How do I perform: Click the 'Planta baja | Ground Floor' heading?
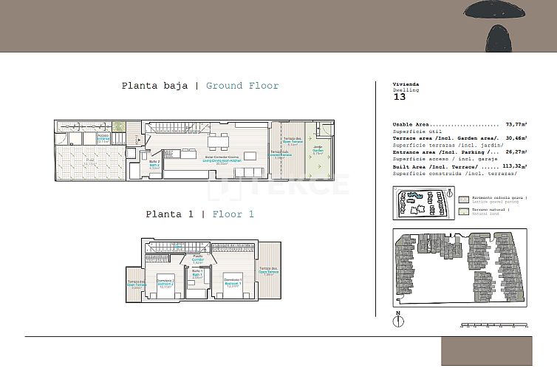point(200,86)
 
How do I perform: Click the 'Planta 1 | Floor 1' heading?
point(199,214)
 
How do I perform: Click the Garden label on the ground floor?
point(318,151)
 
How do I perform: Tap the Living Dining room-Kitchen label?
point(221,160)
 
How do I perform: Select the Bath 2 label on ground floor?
point(154,164)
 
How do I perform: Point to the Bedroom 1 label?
point(232,282)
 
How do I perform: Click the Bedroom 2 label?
point(165,282)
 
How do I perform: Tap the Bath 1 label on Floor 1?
point(197,274)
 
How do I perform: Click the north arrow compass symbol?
point(398,323)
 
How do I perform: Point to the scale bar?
point(493,324)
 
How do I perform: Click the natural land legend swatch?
point(463,211)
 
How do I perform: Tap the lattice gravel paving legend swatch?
point(463,199)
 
